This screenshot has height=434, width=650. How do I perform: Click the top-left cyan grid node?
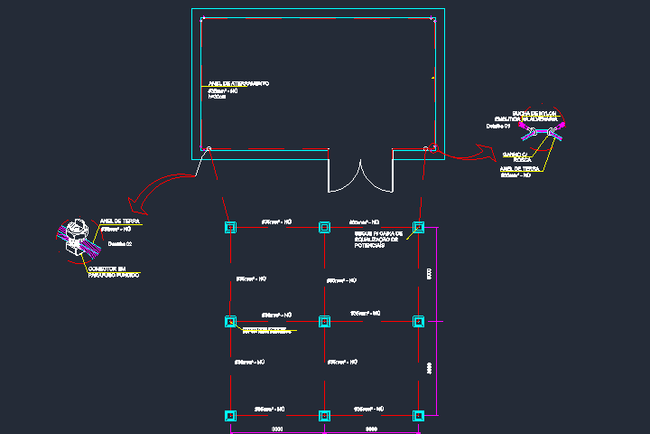pos(230,227)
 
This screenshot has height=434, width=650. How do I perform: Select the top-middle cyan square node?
pos(324,227)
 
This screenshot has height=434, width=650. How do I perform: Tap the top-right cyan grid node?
pos(418,227)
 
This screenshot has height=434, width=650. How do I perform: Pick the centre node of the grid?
pos(324,321)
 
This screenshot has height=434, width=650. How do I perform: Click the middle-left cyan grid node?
pos(230,321)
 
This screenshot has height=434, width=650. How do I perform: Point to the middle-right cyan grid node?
pos(418,321)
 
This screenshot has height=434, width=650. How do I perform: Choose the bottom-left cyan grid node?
pos(230,416)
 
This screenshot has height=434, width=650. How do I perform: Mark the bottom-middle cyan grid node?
pos(324,416)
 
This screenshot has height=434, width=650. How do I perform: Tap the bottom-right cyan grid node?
pos(418,416)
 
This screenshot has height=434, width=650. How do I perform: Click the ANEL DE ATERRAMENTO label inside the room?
pos(238,84)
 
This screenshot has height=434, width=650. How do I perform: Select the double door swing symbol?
pos(360,176)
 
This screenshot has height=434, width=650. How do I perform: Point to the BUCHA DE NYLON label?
pos(534,113)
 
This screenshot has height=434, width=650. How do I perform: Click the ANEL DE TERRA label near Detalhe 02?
pos(118,220)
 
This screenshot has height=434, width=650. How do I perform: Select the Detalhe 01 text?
pos(498,127)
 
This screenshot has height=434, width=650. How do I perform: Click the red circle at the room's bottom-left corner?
pos(209,148)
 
